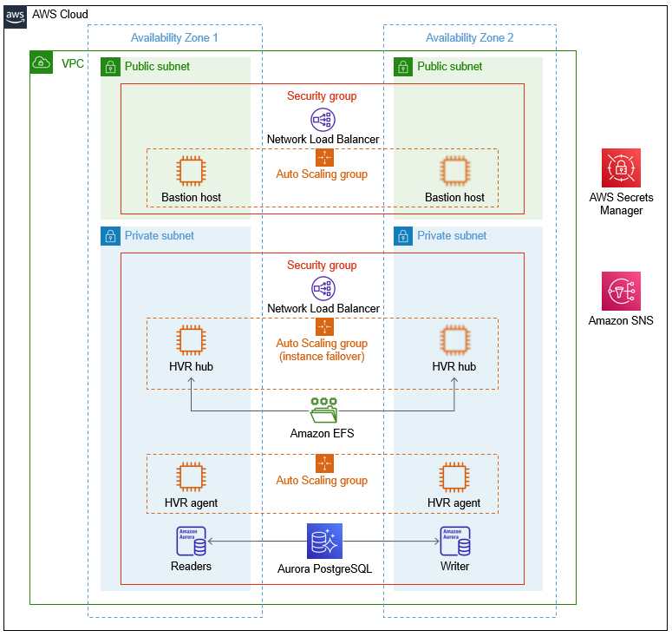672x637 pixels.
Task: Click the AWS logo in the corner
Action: click(15, 17)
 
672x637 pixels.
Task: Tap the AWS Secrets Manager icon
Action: click(621, 167)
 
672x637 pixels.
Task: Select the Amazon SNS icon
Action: click(621, 291)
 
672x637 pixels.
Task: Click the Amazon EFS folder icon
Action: click(324, 410)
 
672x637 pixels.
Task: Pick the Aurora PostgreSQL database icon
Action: click(324, 541)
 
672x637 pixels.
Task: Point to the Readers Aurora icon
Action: click(191, 541)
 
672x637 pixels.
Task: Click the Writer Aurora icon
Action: click(455, 541)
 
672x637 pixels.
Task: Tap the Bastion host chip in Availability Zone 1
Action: click(191, 171)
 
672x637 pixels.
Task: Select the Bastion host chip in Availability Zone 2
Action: click(455, 171)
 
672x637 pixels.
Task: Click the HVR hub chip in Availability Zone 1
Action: click(191, 340)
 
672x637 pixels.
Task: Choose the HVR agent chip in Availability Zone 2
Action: click(454, 476)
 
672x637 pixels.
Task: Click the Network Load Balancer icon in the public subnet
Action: click(323, 120)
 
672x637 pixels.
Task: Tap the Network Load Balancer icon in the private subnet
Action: click(323, 288)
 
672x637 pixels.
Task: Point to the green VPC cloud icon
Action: click(41, 62)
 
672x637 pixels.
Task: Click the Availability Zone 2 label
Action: click(469, 37)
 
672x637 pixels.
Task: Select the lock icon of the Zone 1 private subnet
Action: click(110, 236)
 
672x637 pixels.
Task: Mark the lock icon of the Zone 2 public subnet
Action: click(403, 67)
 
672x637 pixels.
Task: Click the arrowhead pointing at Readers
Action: click(211, 542)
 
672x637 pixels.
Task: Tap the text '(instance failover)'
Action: click(322, 357)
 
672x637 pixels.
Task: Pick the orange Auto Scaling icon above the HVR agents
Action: click(324, 463)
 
